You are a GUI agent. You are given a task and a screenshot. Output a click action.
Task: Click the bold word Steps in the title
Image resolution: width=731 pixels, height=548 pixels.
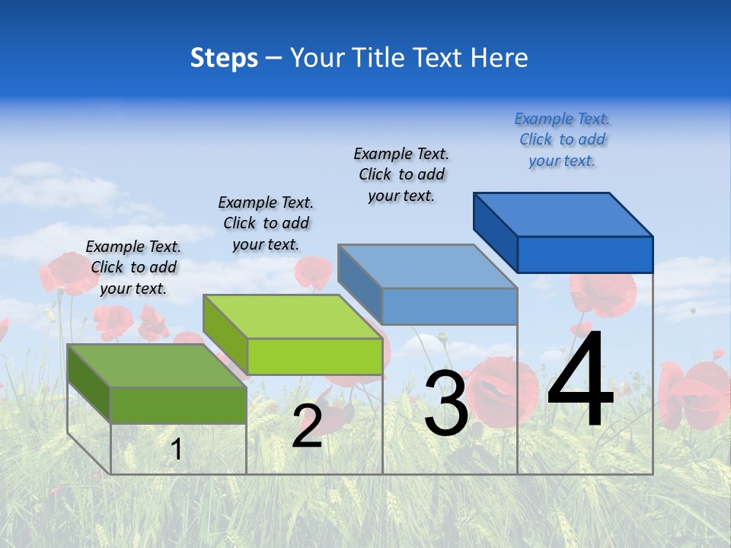click(x=224, y=58)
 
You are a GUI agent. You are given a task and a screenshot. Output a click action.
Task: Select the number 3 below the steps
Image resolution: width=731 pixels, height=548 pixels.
click(x=446, y=403)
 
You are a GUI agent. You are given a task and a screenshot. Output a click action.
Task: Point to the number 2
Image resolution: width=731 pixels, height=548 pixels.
click(x=307, y=426)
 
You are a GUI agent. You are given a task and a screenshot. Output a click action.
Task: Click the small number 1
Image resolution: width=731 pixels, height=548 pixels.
click(x=177, y=449)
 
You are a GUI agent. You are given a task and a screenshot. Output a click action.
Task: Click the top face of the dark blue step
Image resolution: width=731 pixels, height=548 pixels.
click(x=563, y=214)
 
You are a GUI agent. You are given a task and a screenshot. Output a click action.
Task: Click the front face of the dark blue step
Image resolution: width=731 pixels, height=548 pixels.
click(x=585, y=254)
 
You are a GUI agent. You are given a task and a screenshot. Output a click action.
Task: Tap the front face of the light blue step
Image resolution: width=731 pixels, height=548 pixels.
click(x=449, y=307)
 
